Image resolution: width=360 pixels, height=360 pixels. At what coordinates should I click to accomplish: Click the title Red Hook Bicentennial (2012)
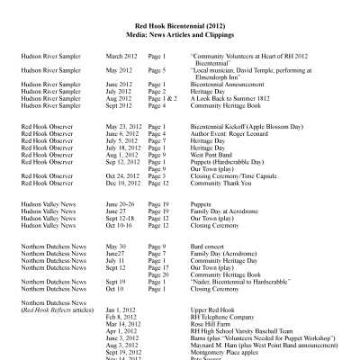tap(180, 26)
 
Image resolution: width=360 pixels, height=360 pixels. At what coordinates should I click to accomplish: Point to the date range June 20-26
tap(120, 204)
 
